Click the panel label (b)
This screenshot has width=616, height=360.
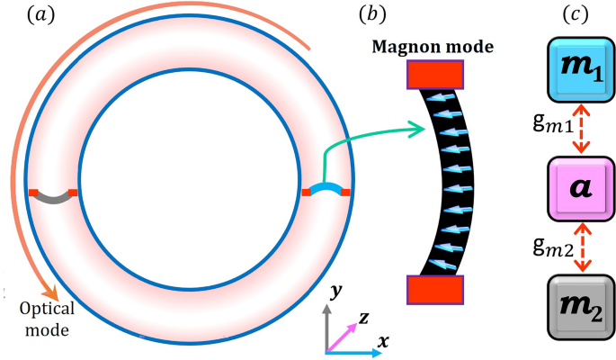click(x=372, y=14)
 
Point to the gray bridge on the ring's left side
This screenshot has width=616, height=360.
click(x=53, y=194)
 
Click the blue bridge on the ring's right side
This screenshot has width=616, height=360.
click(x=325, y=190)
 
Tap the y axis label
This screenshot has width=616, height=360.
click(x=332, y=292)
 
